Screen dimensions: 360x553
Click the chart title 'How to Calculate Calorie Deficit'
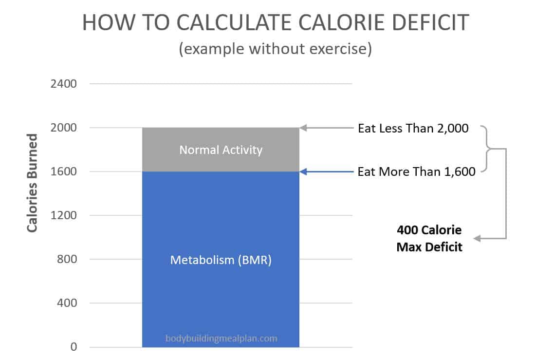tap(276, 23)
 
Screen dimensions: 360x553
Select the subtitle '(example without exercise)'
tap(276, 49)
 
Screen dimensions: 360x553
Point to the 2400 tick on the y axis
tap(63, 84)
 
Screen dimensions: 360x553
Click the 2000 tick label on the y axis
tap(63, 128)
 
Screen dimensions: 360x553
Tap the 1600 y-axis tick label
tap(63, 171)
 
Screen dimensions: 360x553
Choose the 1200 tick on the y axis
tap(63, 215)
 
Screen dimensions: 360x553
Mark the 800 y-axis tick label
tap(67, 259)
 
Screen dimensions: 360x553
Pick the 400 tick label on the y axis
tap(67, 303)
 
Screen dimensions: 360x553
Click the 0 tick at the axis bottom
tap(74, 347)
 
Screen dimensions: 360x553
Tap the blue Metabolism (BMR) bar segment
tap(221, 292)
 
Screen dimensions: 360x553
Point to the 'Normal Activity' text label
tap(221, 150)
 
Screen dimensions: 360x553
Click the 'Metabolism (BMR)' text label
tap(221, 260)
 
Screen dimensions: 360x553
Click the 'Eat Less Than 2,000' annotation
tap(413, 129)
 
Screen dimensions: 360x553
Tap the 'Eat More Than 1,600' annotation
tap(416, 172)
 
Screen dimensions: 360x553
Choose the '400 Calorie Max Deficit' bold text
tap(429, 238)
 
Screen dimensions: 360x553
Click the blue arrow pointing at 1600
tap(326, 171)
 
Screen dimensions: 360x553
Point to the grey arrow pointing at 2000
tap(326, 128)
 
